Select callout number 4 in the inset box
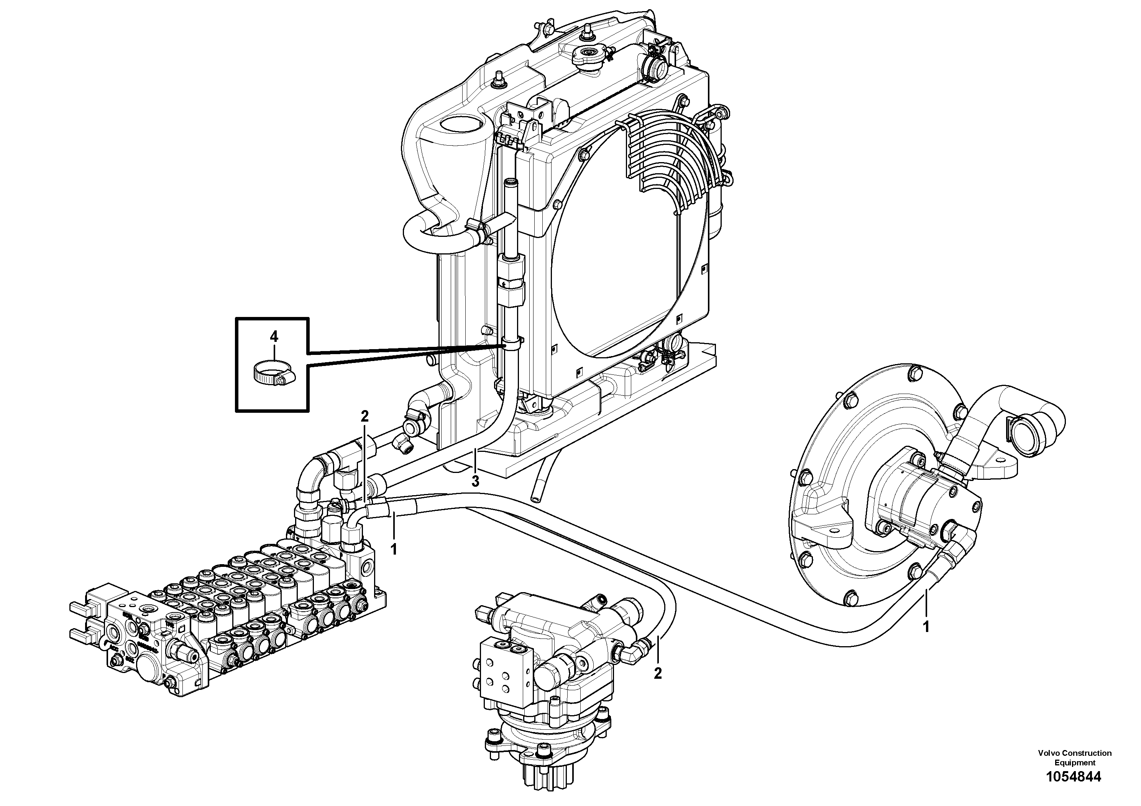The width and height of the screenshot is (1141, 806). coord(274,337)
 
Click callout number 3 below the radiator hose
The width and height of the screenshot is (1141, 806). coord(476,481)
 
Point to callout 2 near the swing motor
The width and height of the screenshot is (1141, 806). coord(658,673)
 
